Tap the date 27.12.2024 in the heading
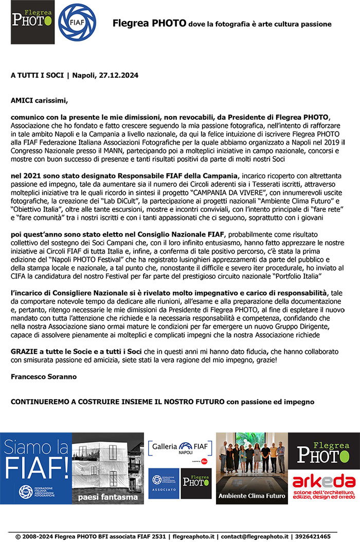tap(117, 75)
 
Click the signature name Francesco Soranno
tap(44, 376)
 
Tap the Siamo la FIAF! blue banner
tap(36, 468)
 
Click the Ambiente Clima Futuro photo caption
tap(251, 496)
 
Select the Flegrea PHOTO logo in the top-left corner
tap(32, 22)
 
